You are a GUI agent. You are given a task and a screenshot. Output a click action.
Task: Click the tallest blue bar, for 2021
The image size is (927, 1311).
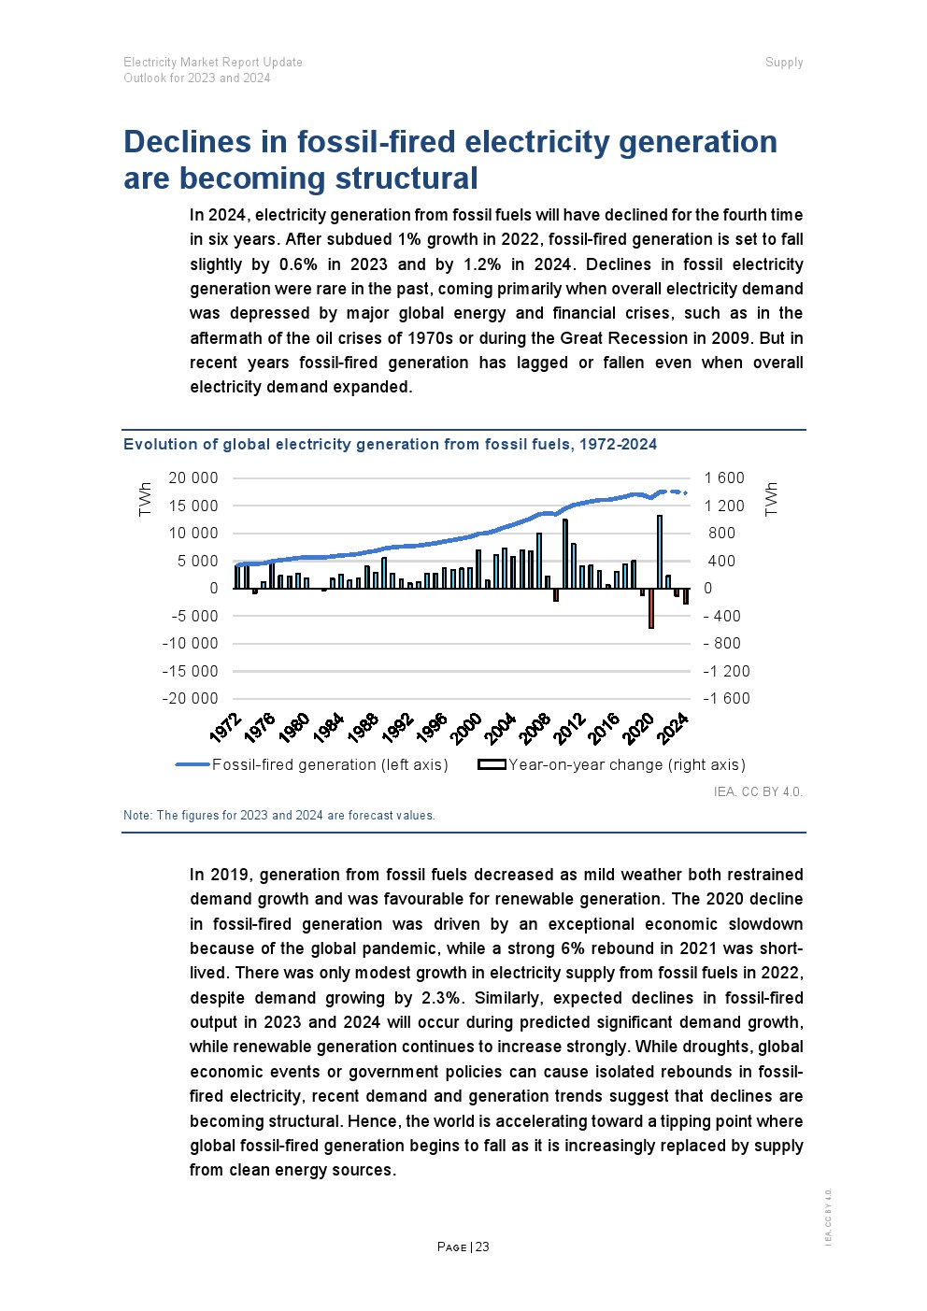coord(660,551)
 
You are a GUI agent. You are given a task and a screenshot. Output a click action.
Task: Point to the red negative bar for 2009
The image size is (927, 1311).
coord(556,594)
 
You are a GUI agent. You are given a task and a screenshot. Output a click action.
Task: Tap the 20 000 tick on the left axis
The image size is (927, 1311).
coord(193,477)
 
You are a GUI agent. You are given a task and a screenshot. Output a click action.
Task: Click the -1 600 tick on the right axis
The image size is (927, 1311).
coord(726,698)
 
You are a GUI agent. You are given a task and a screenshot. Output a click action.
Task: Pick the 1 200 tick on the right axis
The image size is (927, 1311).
coord(724,506)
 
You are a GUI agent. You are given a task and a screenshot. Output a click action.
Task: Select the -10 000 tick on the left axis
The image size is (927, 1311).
coord(190,643)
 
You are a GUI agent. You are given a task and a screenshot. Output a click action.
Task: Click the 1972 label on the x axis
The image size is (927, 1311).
coord(225,728)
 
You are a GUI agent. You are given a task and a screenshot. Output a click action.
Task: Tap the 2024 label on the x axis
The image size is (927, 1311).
coord(673,728)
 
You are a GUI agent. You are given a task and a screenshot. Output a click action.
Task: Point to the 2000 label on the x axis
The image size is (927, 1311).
coord(465,728)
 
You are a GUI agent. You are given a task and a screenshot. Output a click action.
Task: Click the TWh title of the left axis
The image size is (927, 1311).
coord(145,499)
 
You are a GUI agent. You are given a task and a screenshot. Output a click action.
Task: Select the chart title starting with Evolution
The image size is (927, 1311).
coord(390,444)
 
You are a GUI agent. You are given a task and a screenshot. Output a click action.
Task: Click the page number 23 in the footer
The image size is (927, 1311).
coord(482,1247)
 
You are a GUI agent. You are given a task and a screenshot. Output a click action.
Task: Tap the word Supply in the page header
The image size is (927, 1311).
coord(784,63)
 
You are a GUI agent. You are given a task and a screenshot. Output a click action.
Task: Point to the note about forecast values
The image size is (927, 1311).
coord(278,815)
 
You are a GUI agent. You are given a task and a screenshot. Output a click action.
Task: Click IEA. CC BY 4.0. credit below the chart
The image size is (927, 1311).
coord(757,791)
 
